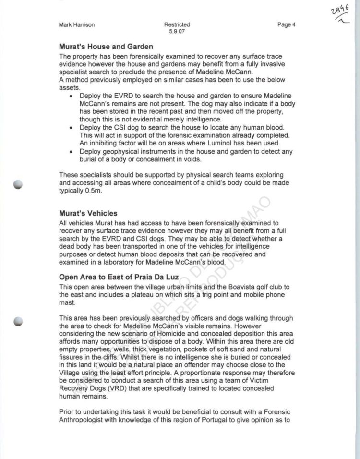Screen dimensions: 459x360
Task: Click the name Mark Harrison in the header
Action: pos(77,25)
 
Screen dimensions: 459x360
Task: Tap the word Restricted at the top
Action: pos(177,25)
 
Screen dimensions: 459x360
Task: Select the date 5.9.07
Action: pos(177,32)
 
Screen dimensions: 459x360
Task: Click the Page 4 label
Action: pos(286,25)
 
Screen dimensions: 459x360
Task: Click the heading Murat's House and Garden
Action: pos(106,47)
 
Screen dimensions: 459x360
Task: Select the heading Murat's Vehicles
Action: pos(88,213)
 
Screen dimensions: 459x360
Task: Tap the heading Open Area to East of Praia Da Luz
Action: pos(119,278)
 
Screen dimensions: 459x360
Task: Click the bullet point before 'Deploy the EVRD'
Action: pos(71,97)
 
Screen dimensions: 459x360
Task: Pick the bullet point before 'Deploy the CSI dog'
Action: pos(71,128)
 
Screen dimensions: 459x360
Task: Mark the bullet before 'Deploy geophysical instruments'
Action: pos(71,152)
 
